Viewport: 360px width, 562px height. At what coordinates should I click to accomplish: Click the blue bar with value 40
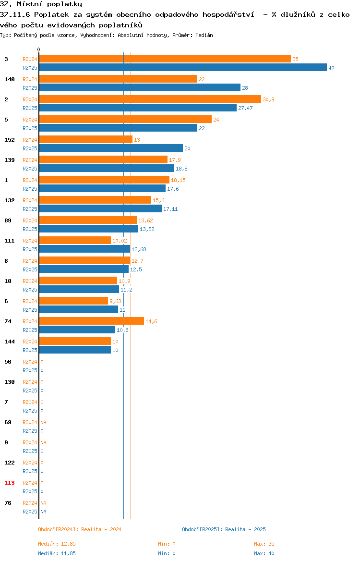point(183,68)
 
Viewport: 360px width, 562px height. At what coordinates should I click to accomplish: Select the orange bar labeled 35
point(165,59)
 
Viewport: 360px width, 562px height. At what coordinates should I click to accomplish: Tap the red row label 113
point(10,483)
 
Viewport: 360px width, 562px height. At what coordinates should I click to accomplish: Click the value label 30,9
point(269,99)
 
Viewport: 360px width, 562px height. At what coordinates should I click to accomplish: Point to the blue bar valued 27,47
point(138,108)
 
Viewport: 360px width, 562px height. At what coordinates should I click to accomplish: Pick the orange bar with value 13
point(86,140)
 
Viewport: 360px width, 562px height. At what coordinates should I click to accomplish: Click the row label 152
point(10,140)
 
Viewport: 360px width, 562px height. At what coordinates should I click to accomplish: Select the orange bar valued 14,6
point(92,321)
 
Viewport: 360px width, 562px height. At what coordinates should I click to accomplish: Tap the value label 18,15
point(179,180)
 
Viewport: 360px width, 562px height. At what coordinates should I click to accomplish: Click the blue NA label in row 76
point(43,512)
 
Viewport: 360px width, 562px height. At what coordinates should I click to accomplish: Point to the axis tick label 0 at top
point(39,50)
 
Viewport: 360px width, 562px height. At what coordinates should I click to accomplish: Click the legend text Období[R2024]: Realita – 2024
point(80,529)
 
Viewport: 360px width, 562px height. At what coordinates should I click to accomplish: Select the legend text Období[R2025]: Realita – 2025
point(224,529)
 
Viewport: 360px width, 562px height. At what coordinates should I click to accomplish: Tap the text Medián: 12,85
point(57,544)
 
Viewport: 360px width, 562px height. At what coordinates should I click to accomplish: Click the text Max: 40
point(264,553)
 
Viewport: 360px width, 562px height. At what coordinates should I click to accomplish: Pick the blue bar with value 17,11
point(101,209)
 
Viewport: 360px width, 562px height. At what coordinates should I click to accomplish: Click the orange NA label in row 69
point(43,422)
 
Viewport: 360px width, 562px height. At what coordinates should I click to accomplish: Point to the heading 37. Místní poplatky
point(41,4)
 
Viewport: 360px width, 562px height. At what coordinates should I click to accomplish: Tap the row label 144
point(10,342)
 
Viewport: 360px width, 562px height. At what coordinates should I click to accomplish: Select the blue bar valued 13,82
point(89,229)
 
